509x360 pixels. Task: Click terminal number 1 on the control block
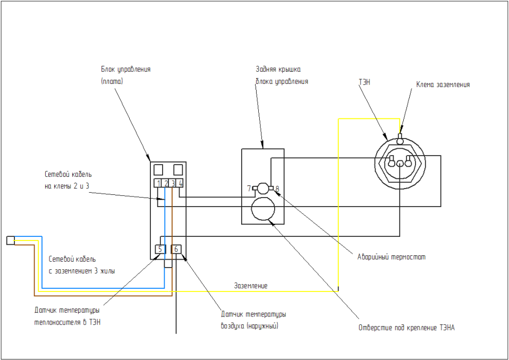coord(159,183)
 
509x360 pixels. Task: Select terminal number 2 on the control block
coord(166,183)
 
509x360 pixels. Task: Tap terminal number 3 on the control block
coord(173,183)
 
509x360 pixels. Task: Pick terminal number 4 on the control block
coord(181,183)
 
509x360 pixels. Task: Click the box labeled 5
coord(160,248)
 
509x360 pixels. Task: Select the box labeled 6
coord(176,248)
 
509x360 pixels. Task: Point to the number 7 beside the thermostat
coord(249,188)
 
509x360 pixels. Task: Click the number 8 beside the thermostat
coord(277,188)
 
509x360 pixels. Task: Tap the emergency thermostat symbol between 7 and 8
coord(262,187)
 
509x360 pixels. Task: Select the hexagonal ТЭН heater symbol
coord(399,162)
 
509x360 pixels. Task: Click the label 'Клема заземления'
coord(443,84)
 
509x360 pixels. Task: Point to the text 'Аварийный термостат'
coord(392,257)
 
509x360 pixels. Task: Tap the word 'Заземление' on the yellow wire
coord(251,286)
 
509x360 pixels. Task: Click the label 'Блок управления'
coord(126,70)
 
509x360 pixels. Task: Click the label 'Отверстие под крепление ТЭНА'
coord(406,328)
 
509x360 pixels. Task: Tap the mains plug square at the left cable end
coord(10,241)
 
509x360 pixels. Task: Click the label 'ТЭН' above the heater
coord(365,82)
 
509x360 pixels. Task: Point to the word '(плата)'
coord(112,82)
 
